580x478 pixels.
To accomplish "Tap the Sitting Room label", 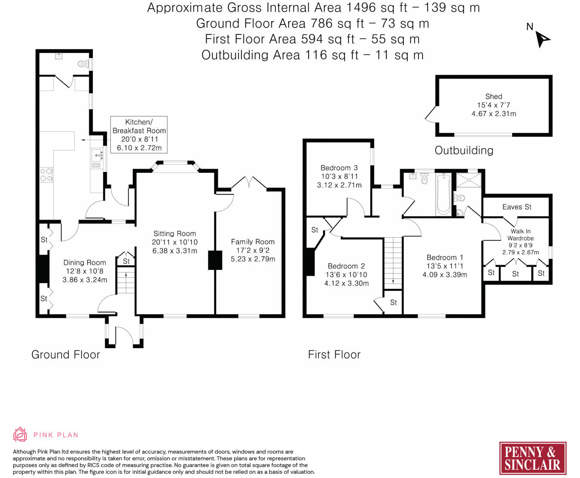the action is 175,234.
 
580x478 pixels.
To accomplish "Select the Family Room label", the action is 253,242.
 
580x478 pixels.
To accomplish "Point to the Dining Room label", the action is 85,263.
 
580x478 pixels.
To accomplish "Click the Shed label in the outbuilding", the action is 494,96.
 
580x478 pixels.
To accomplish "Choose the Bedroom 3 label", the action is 339,168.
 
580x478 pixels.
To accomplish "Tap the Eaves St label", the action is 517,207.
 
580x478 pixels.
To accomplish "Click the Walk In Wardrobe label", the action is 520,235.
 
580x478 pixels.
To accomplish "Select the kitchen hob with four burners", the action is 46,175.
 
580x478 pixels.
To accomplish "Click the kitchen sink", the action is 97,155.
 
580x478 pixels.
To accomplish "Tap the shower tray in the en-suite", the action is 469,180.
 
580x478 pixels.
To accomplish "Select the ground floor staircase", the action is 126,280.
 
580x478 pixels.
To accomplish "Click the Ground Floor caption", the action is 66,355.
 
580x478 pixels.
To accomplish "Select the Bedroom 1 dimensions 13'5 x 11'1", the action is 445,266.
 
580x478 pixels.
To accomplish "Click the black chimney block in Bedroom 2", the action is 310,262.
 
